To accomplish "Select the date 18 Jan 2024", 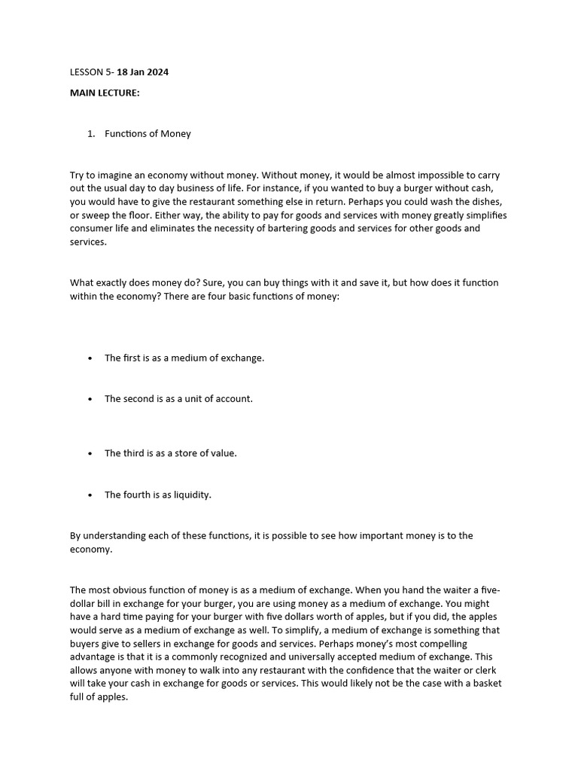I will tap(142, 72).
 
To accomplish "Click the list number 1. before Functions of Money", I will tap(90, 134).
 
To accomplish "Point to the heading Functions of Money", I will tap(148, 134).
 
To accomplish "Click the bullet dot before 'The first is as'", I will tap(90, 358).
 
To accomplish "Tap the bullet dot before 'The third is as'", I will tap(90, 454).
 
